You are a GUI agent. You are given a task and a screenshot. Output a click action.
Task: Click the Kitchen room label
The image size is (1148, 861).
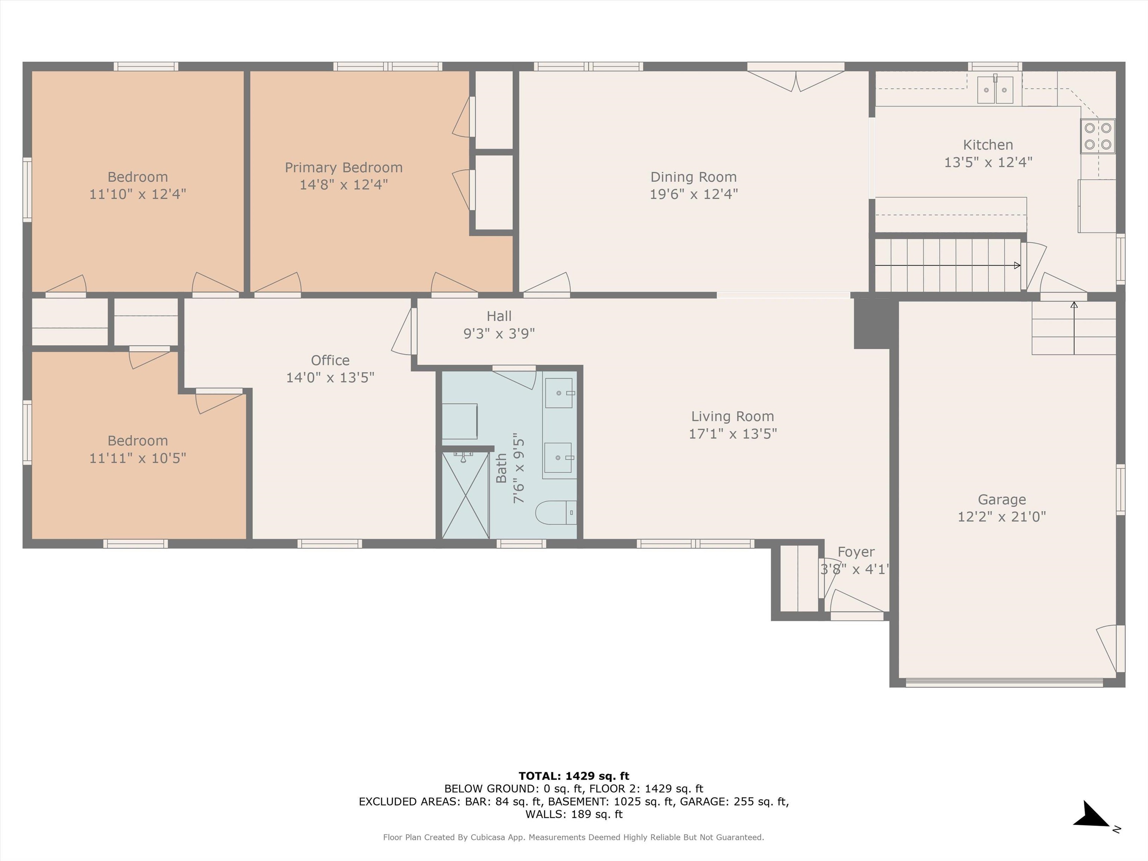[x=988, y=145]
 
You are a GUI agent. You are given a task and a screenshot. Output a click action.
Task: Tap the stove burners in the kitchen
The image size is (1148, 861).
[x=1098, y=136]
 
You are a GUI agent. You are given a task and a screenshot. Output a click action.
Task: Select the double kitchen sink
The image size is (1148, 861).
[x=995, y=90]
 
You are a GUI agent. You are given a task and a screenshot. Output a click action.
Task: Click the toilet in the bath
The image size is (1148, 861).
[x=555, y=512]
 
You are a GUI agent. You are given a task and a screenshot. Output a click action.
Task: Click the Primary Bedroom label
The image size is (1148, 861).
[x=343, y=168]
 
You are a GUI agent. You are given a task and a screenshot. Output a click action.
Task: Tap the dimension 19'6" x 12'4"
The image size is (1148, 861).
[x=693, y=194]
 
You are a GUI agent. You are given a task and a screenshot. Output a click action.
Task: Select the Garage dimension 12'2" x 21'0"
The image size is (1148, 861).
[x=1001, y=516]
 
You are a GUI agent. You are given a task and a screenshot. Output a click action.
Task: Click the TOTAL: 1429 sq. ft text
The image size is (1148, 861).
[x=574, y=776]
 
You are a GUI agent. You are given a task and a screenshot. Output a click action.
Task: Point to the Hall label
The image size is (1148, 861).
[x=499, y=316]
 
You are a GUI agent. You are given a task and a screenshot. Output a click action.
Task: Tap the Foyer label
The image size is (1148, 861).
[x=856, y=552]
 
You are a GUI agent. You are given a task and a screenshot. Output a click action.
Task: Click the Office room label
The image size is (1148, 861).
[x=330, y=360]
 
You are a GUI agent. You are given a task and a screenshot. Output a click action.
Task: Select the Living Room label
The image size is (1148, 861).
[x=732, y=416]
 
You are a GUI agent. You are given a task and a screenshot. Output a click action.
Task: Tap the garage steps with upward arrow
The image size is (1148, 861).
[x=1073, y=328]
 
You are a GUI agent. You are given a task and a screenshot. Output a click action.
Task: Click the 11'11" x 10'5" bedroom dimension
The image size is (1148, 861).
[x=138, y=458]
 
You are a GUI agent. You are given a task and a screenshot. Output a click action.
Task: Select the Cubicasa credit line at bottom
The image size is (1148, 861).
[x=574, y=837]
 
